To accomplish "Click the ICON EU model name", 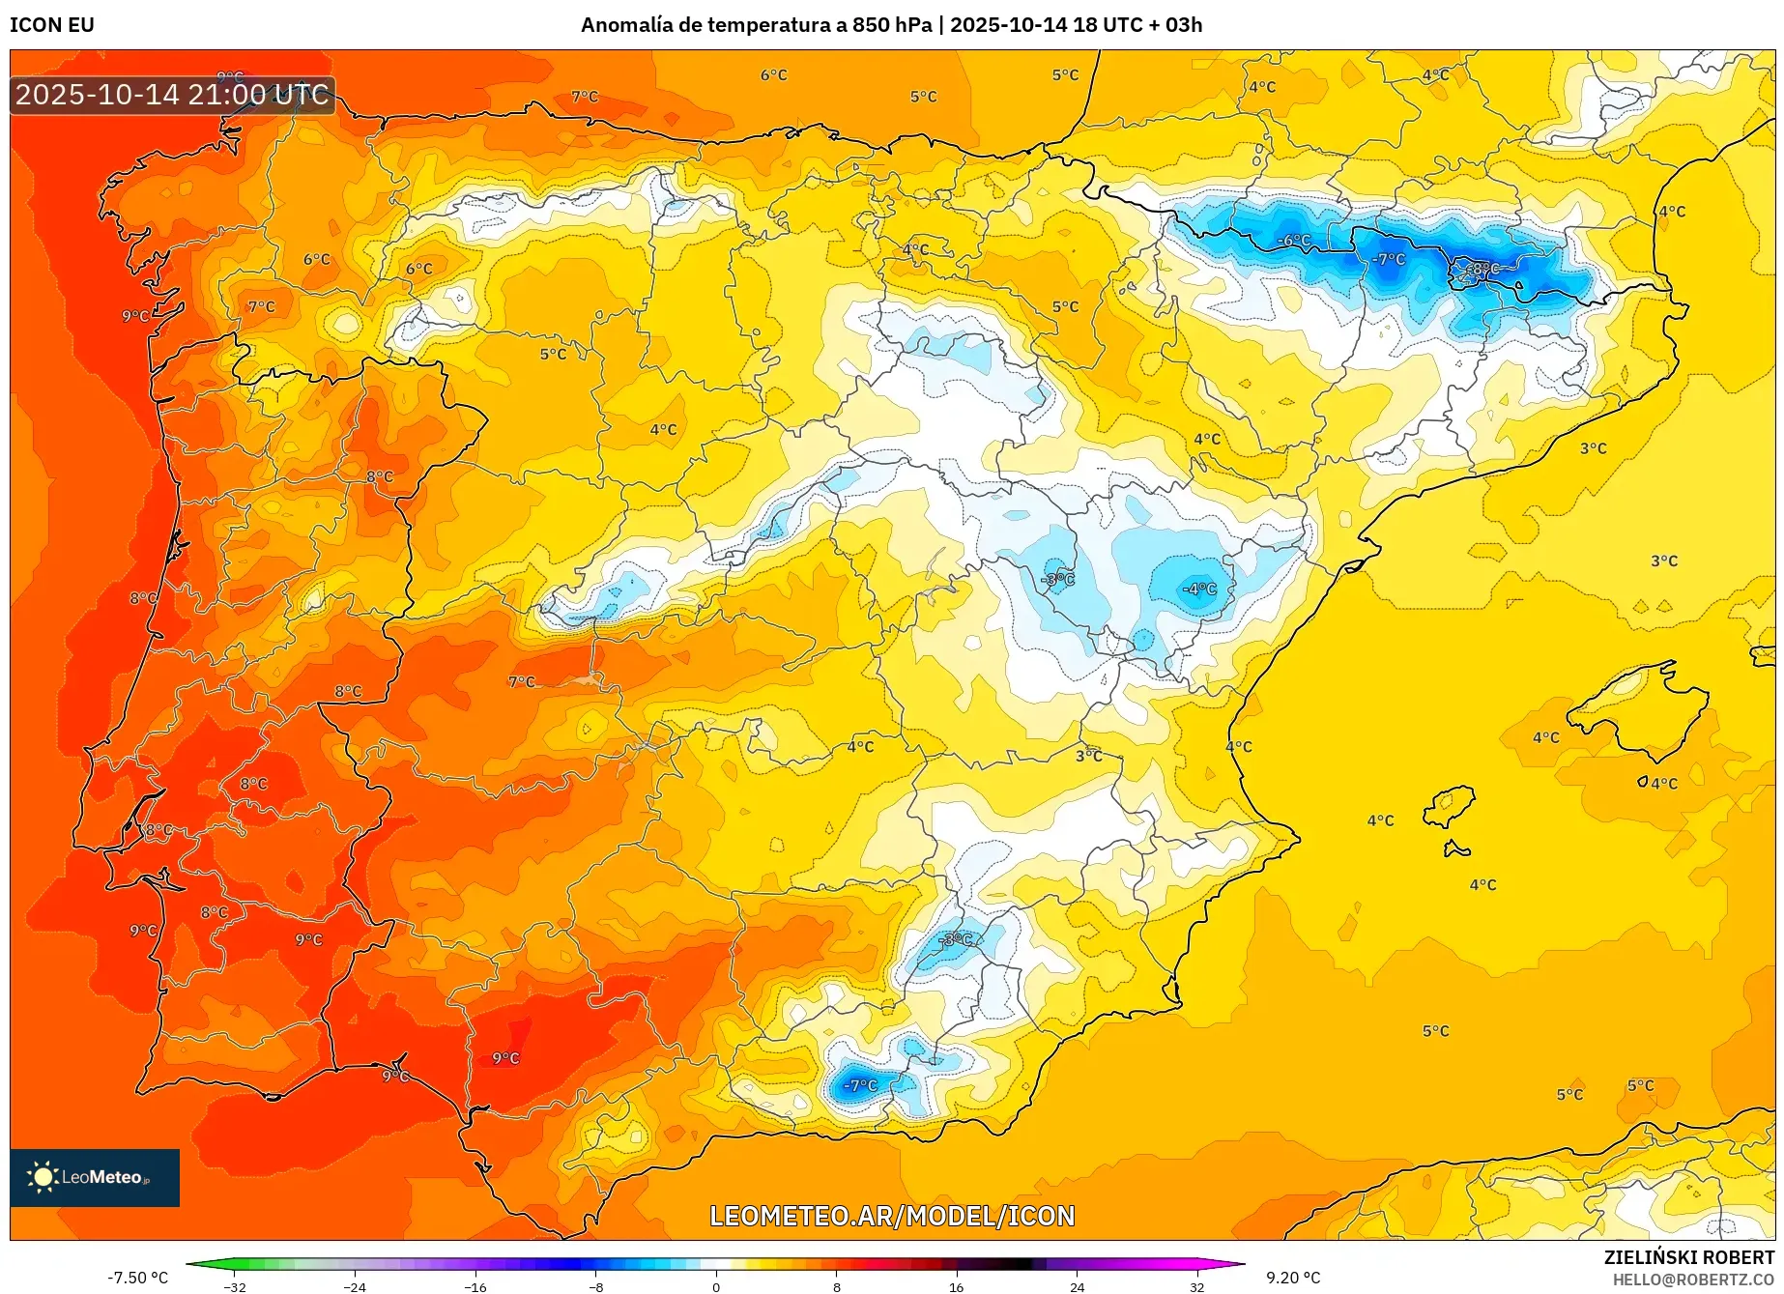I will pos(52,25).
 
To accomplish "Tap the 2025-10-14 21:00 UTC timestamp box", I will pos(173,95).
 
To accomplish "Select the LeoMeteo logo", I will pos(95,1177).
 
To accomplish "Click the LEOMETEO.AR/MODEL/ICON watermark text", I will pos(892,1216).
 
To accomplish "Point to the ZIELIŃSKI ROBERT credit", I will pos(1689,1257).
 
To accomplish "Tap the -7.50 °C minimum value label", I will pos(138,1278).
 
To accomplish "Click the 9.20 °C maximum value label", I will pos(1293,1278).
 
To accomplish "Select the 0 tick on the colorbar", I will pos(716,1287).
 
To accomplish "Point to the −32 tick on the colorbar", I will pos(235,1287).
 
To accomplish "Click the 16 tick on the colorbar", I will pos(956,1287).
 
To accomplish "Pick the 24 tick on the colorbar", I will pos(1077,1287).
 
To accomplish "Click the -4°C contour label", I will pos(1199,589).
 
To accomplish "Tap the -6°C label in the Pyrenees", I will pos(1294,241).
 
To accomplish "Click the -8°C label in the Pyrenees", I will pos(1482,269).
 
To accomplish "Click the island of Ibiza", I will pos(1450,805).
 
